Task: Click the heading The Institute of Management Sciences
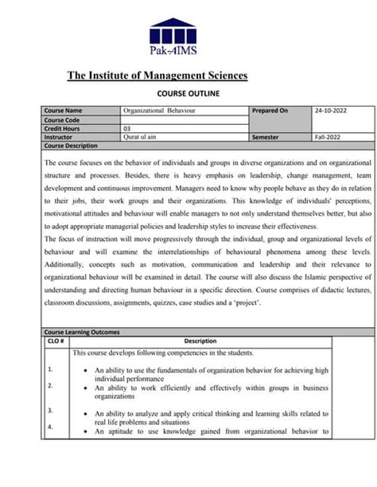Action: tap(157, 76)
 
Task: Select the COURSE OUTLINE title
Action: tap(188, 93)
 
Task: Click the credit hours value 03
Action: tap(127, 128)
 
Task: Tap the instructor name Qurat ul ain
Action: tap(142, 137)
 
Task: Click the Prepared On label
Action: tap(270, 111)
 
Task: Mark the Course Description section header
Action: tap(72, 146)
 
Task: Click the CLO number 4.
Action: tap(50, 427)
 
